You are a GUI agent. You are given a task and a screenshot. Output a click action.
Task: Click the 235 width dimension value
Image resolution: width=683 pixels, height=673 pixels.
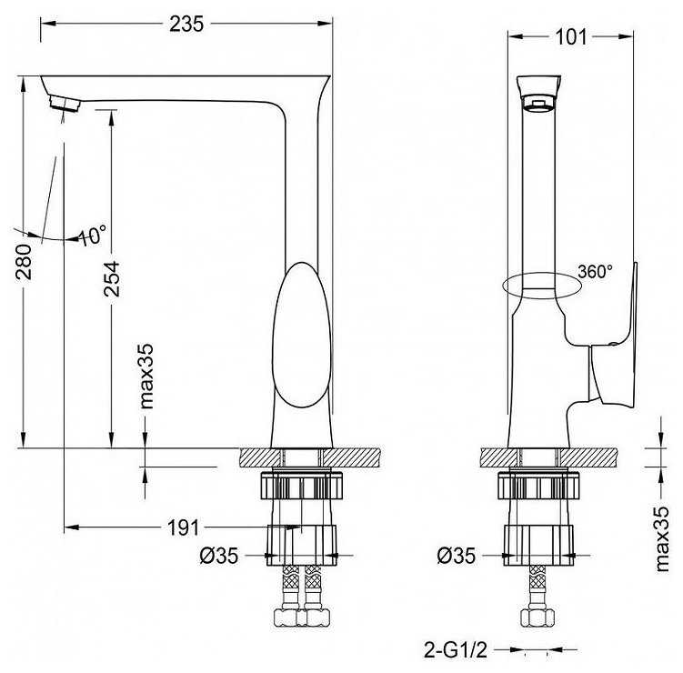pyautogui.click(x=186, y=24)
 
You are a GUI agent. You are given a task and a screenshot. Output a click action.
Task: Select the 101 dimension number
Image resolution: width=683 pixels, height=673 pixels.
pyautogui.click(x=570, y=37)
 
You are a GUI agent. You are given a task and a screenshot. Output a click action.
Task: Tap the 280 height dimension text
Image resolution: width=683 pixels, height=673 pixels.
pyautogui.click(x=24, y=262)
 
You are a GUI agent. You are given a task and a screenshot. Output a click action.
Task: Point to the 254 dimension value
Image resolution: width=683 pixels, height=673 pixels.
pyautogui.click(x=112, y=279)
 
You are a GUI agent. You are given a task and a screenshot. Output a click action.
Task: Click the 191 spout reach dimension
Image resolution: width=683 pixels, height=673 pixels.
pyautogui.click(x=183, y=528)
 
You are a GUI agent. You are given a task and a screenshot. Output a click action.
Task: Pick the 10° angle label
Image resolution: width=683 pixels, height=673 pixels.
pyautogui.click(x=93, y=236)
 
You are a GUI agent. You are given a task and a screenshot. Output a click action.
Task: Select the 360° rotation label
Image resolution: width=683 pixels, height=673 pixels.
pyautogui.click(x=595, y=271)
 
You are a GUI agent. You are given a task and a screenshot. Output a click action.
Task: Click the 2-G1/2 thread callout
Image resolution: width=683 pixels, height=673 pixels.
pyautogui.click(x=456, y=651)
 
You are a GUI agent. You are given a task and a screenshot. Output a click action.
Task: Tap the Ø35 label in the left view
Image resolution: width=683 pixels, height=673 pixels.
pyautogui.click(x=219, y=556)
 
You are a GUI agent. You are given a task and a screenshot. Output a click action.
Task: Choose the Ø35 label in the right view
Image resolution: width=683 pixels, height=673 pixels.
pyautogui.click(x=456, y=556)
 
